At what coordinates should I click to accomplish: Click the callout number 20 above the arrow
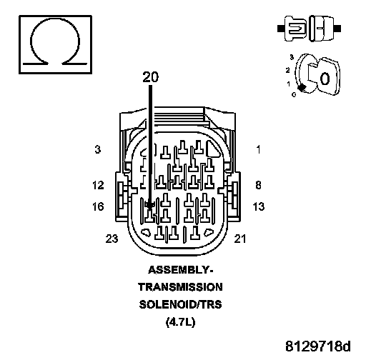[150, 77]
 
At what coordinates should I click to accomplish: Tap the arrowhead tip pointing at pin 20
[150, 209]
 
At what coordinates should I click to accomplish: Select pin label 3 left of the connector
[98, 149]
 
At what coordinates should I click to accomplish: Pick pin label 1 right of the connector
[258, 149]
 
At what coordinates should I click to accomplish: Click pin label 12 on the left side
[98, 185]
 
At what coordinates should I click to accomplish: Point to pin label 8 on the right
[258, 185]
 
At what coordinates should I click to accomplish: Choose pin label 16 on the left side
[98, 206]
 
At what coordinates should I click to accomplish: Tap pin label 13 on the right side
[259, 206]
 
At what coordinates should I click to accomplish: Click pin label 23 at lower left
[112, 239]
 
